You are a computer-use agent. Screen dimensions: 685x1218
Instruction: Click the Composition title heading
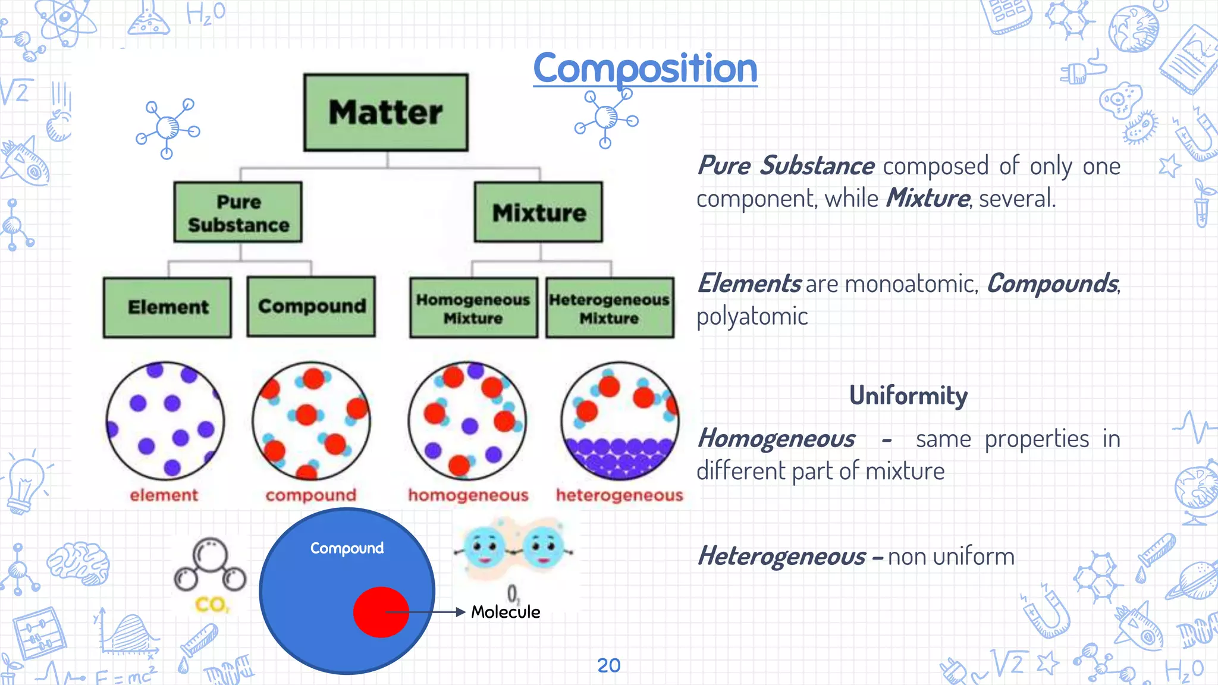click(x=645, y=68)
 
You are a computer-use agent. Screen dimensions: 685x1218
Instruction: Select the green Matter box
click(x=386, y=112)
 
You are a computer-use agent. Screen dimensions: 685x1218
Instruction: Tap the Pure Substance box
click(x=238, y=212)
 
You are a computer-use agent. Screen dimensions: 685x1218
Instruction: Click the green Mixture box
click(x=538, y=212)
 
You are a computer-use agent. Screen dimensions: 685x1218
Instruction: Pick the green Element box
click(x=168, y=307)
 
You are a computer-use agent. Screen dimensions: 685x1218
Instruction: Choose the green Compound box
click(x=311, y=307)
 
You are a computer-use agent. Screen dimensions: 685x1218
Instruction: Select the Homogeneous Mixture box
click(x=473, y=308)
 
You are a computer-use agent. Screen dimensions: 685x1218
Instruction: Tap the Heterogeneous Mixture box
click(x=610, y=308)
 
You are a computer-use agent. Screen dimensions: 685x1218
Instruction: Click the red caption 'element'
click(x=164, y=495)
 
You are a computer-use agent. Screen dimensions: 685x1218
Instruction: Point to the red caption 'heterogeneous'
click(x=619, y=495)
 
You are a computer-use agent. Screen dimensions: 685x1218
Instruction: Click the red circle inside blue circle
click(x=381, y=612)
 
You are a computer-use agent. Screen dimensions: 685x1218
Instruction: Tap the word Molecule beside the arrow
click(x=506, y=612)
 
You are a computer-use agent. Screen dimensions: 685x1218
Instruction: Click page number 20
click(x=608, y=665)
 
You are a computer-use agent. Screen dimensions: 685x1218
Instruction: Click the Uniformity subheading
click(x=908, y=395)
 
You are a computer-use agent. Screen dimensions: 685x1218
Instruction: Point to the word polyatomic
click(x=752, y=316)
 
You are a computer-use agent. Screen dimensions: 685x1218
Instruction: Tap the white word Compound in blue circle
click(x=347, y=548)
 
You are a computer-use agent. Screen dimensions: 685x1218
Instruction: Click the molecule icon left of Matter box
click(x=168, y=128)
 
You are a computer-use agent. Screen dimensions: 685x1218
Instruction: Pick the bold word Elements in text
click(x=749, y=284)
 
